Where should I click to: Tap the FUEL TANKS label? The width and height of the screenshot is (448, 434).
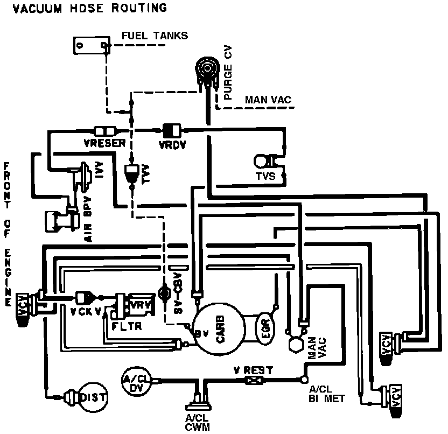click(x=155, y=36)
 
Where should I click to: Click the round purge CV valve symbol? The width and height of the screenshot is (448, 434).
click(x=206, y=69)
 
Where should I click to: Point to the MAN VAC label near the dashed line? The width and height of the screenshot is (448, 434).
click(x=268, y=100)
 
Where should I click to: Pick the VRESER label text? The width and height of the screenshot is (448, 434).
click(x=104, y=143)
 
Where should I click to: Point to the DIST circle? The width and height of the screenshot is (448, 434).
click(x=94, y=397)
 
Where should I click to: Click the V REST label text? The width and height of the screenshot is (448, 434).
click(x=253, y=370)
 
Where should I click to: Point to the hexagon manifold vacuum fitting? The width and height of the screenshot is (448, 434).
click(x=295, y=345)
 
